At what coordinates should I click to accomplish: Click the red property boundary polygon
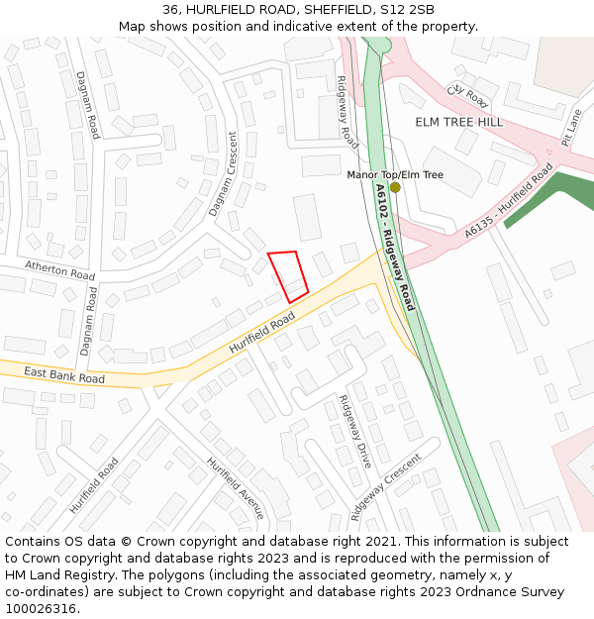288,276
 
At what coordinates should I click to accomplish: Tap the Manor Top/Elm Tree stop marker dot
395,187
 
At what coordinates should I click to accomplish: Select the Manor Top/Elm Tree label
395,174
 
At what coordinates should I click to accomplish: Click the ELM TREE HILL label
458,122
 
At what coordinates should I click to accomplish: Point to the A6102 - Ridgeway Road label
395,246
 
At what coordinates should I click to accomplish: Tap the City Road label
468,95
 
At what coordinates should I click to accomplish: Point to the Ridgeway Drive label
354,432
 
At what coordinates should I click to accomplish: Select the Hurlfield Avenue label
236,488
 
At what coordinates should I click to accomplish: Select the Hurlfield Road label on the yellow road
262,333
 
